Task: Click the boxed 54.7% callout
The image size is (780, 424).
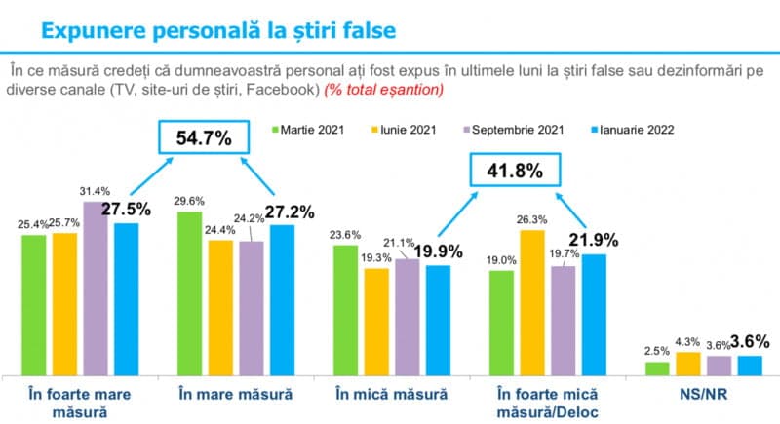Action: coord(204,138)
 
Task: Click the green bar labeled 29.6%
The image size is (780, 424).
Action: coord(189,292)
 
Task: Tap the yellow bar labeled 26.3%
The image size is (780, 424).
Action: coord(532,302)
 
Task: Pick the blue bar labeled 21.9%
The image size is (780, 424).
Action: coord(594,315)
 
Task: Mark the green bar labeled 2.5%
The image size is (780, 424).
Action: coord(657,368)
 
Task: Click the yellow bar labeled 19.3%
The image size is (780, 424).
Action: coord(375,322)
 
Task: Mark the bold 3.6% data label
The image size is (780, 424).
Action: coord(751,341)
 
